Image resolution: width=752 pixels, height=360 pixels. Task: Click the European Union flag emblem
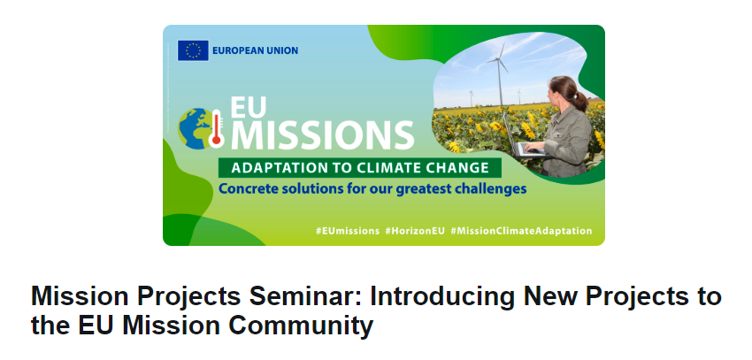(193, 50)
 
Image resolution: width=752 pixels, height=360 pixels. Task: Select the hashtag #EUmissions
(347, 231)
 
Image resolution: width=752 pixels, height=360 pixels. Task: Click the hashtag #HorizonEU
(415, 231)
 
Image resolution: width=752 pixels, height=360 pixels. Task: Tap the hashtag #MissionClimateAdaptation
(521, 231)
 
